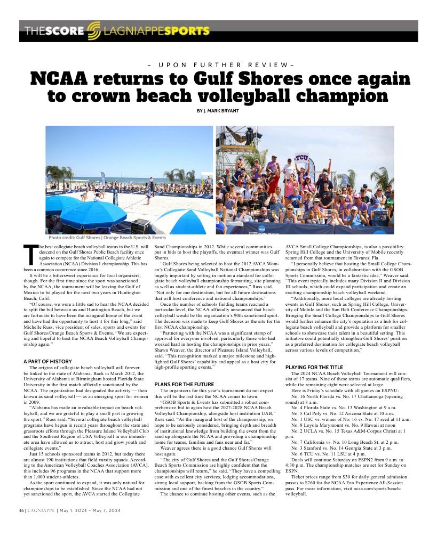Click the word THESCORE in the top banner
53,31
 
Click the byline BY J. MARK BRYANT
219,110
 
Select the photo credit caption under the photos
107,238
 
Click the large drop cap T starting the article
30,254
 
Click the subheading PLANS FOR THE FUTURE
184,384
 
